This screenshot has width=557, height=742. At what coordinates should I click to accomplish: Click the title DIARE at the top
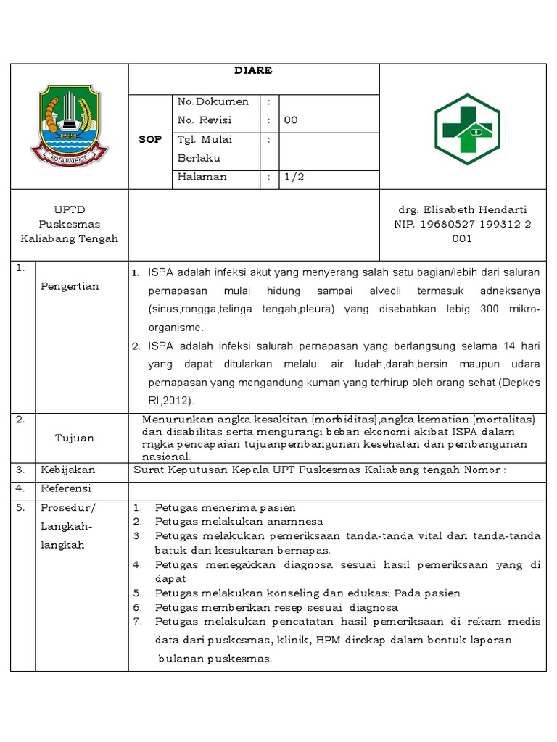tap(253, 72)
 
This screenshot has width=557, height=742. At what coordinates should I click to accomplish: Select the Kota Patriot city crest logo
tap(69, 125)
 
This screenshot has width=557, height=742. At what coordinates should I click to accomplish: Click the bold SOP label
tap(150, 139)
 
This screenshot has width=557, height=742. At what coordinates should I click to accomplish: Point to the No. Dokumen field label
tap(213, 102)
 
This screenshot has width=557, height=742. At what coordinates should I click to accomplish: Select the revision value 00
tap(291, 121)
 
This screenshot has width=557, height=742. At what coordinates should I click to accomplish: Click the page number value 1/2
tap(294, 177)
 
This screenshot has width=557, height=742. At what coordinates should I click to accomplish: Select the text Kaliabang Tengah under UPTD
tap(69, 238)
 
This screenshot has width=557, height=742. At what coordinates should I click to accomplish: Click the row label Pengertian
tap(70, 286)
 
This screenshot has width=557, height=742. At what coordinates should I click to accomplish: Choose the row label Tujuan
tap(74, 438)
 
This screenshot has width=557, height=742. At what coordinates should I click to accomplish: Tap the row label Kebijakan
tap(68, 470)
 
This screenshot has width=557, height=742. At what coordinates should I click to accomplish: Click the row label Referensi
tap(67, 488)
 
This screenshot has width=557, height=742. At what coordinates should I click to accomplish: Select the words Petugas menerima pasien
tap(225, 507)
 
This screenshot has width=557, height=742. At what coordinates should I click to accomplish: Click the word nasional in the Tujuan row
tap(166, 457)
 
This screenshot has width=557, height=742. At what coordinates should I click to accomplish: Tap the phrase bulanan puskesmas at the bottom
tap(215, 659)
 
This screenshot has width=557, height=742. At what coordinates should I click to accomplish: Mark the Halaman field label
tap(202, 177)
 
